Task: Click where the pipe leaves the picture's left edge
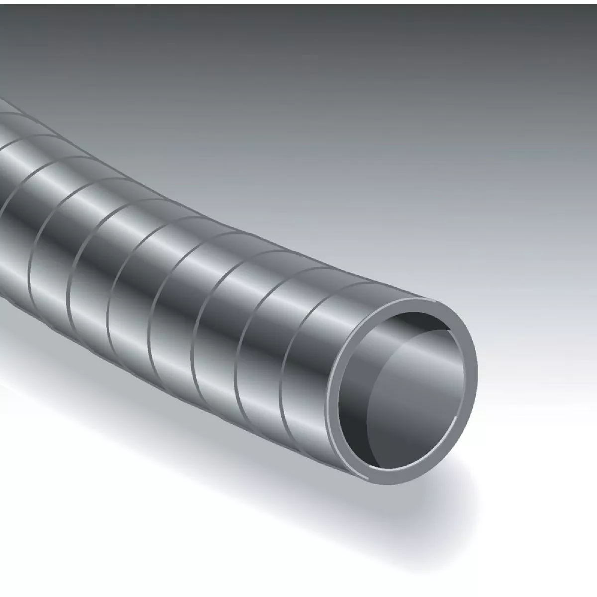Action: coord(2,199)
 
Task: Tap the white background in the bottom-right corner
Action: coord(572,572)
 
